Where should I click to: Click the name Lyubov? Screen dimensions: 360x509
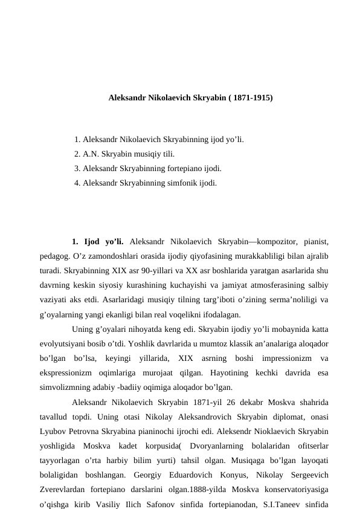click(x=51, y=430)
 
